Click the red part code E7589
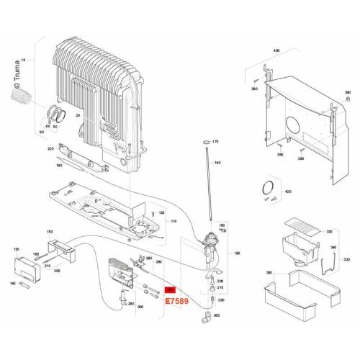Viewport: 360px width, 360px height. click(176, 302)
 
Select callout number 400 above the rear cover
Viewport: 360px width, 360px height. click(274, 52)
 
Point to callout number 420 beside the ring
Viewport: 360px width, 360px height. click(287, 192)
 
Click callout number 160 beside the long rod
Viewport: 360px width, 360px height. click(217, 163)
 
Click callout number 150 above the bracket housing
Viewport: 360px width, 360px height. click(50, 231)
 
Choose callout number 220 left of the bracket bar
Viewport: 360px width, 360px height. click(50, 148)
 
